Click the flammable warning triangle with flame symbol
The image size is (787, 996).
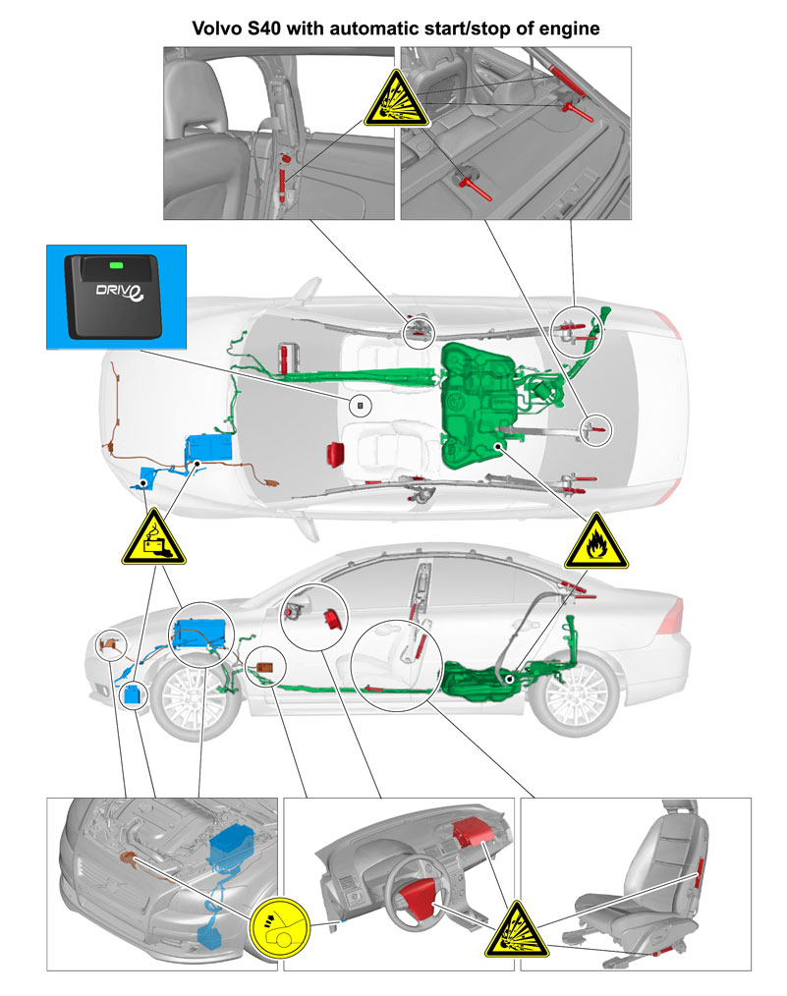595,542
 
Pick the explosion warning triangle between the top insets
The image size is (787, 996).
396,100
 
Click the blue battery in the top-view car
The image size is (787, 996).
208,447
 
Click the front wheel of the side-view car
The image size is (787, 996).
193,697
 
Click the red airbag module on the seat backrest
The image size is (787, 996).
700,871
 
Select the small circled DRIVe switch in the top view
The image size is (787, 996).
361,406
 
